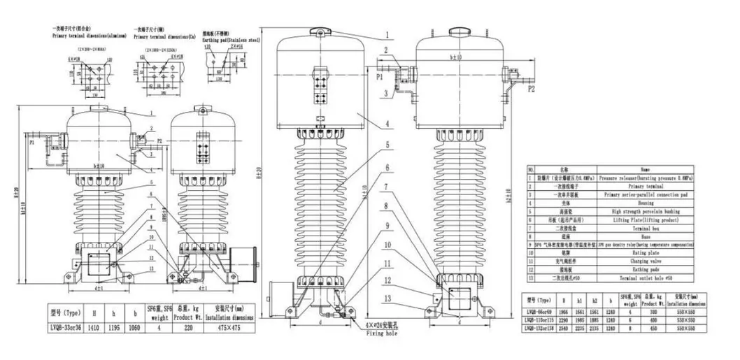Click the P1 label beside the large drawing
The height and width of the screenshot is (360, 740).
(378, 77)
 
